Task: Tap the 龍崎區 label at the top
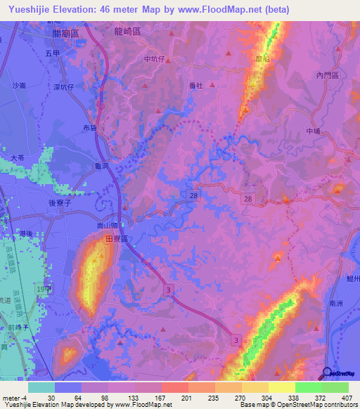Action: click(x=127, y=32)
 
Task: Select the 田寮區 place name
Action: click(x=116, y=240)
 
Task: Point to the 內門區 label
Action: click(x=328, y=75)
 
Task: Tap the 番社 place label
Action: click(x=196, y=85)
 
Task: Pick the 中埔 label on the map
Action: click(x=314, y=131)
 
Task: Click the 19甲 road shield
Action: click(x=45, y=288)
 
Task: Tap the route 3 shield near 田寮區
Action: click(x=168, y=289)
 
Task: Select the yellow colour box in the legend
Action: click(x=281, y=387)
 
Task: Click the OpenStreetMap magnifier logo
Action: click(x=328, y=372)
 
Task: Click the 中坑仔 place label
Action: click(x=153, y=60)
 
